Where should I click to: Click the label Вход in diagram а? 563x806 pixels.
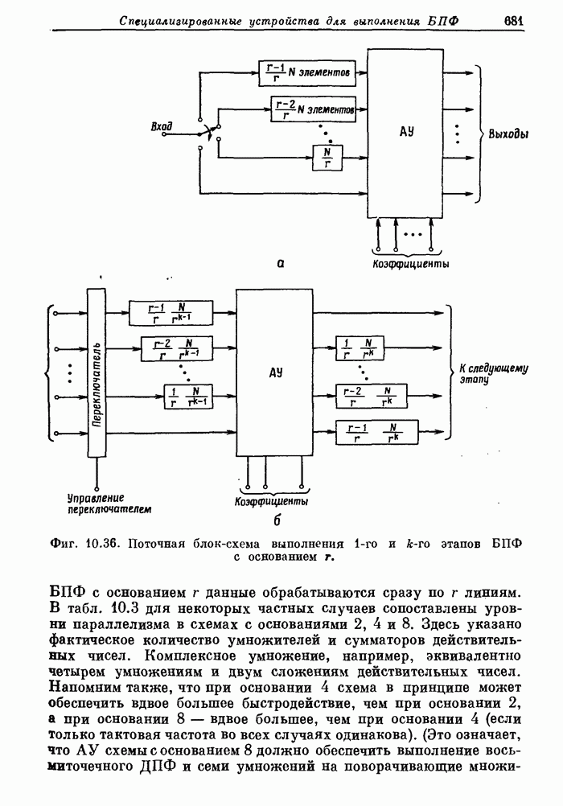point(162,126)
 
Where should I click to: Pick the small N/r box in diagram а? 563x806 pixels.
point(327,156)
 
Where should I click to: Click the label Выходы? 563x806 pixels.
point(508,134)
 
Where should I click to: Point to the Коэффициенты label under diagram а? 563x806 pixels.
point(410,264)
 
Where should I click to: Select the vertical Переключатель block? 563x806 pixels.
point(97,372)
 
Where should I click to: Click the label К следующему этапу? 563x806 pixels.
point(492,375)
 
